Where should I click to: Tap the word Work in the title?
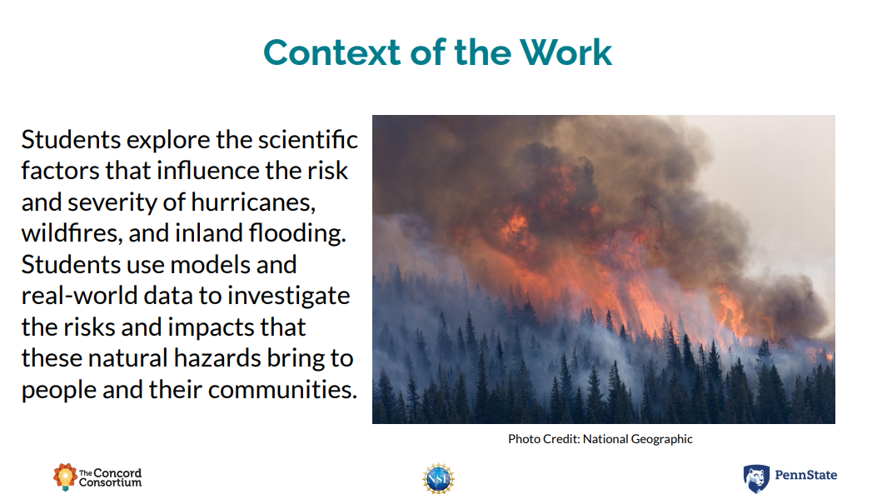pyautogui.click(x=566, y=52)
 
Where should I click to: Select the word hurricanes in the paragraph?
pyautogui.click(x=253, y=202)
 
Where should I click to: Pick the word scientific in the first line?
pyautogui.click(x=307, y=140)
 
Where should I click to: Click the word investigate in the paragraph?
pyautogui.click(x=289, y=297)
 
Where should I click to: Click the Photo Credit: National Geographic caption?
pyautogui.click(x=600, y=439)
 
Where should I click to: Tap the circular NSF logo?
pyautogui.click(x=438, y=478)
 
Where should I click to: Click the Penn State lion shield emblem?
pyautogui.click(x=756, y=479)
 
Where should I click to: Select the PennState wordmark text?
pyautogui.click(x=806, y=475)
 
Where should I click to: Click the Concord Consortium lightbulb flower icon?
pyautogui.click(x=65, y=477)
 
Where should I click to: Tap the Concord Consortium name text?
pyautogui.click(x=110, y=477)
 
